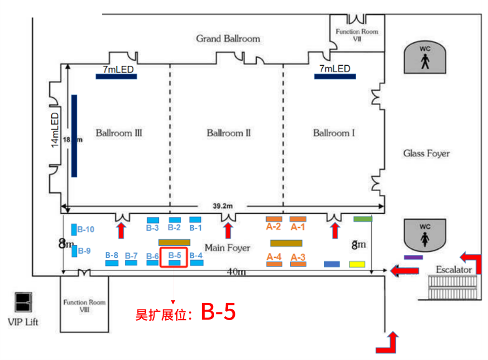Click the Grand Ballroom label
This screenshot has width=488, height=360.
coord(228,38)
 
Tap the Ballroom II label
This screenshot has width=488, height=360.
coord(228,133)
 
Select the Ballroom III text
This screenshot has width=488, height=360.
coord(119,133)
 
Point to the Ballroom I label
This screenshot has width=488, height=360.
coord(334,133)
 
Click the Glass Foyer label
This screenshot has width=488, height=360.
coord(426,153)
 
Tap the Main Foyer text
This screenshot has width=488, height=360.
coord(227,248)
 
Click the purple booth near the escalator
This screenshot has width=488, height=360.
coord(413,257)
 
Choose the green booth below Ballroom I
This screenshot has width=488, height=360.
coord(363,219)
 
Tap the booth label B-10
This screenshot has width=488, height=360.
coord(86,230)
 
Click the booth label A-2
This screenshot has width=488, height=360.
coord(273,228)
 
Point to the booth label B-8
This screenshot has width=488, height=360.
coord(112,255)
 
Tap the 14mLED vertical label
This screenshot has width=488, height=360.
coord(55,130)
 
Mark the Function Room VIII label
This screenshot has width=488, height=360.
coord(84,306)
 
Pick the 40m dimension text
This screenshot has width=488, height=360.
coord(237,272)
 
